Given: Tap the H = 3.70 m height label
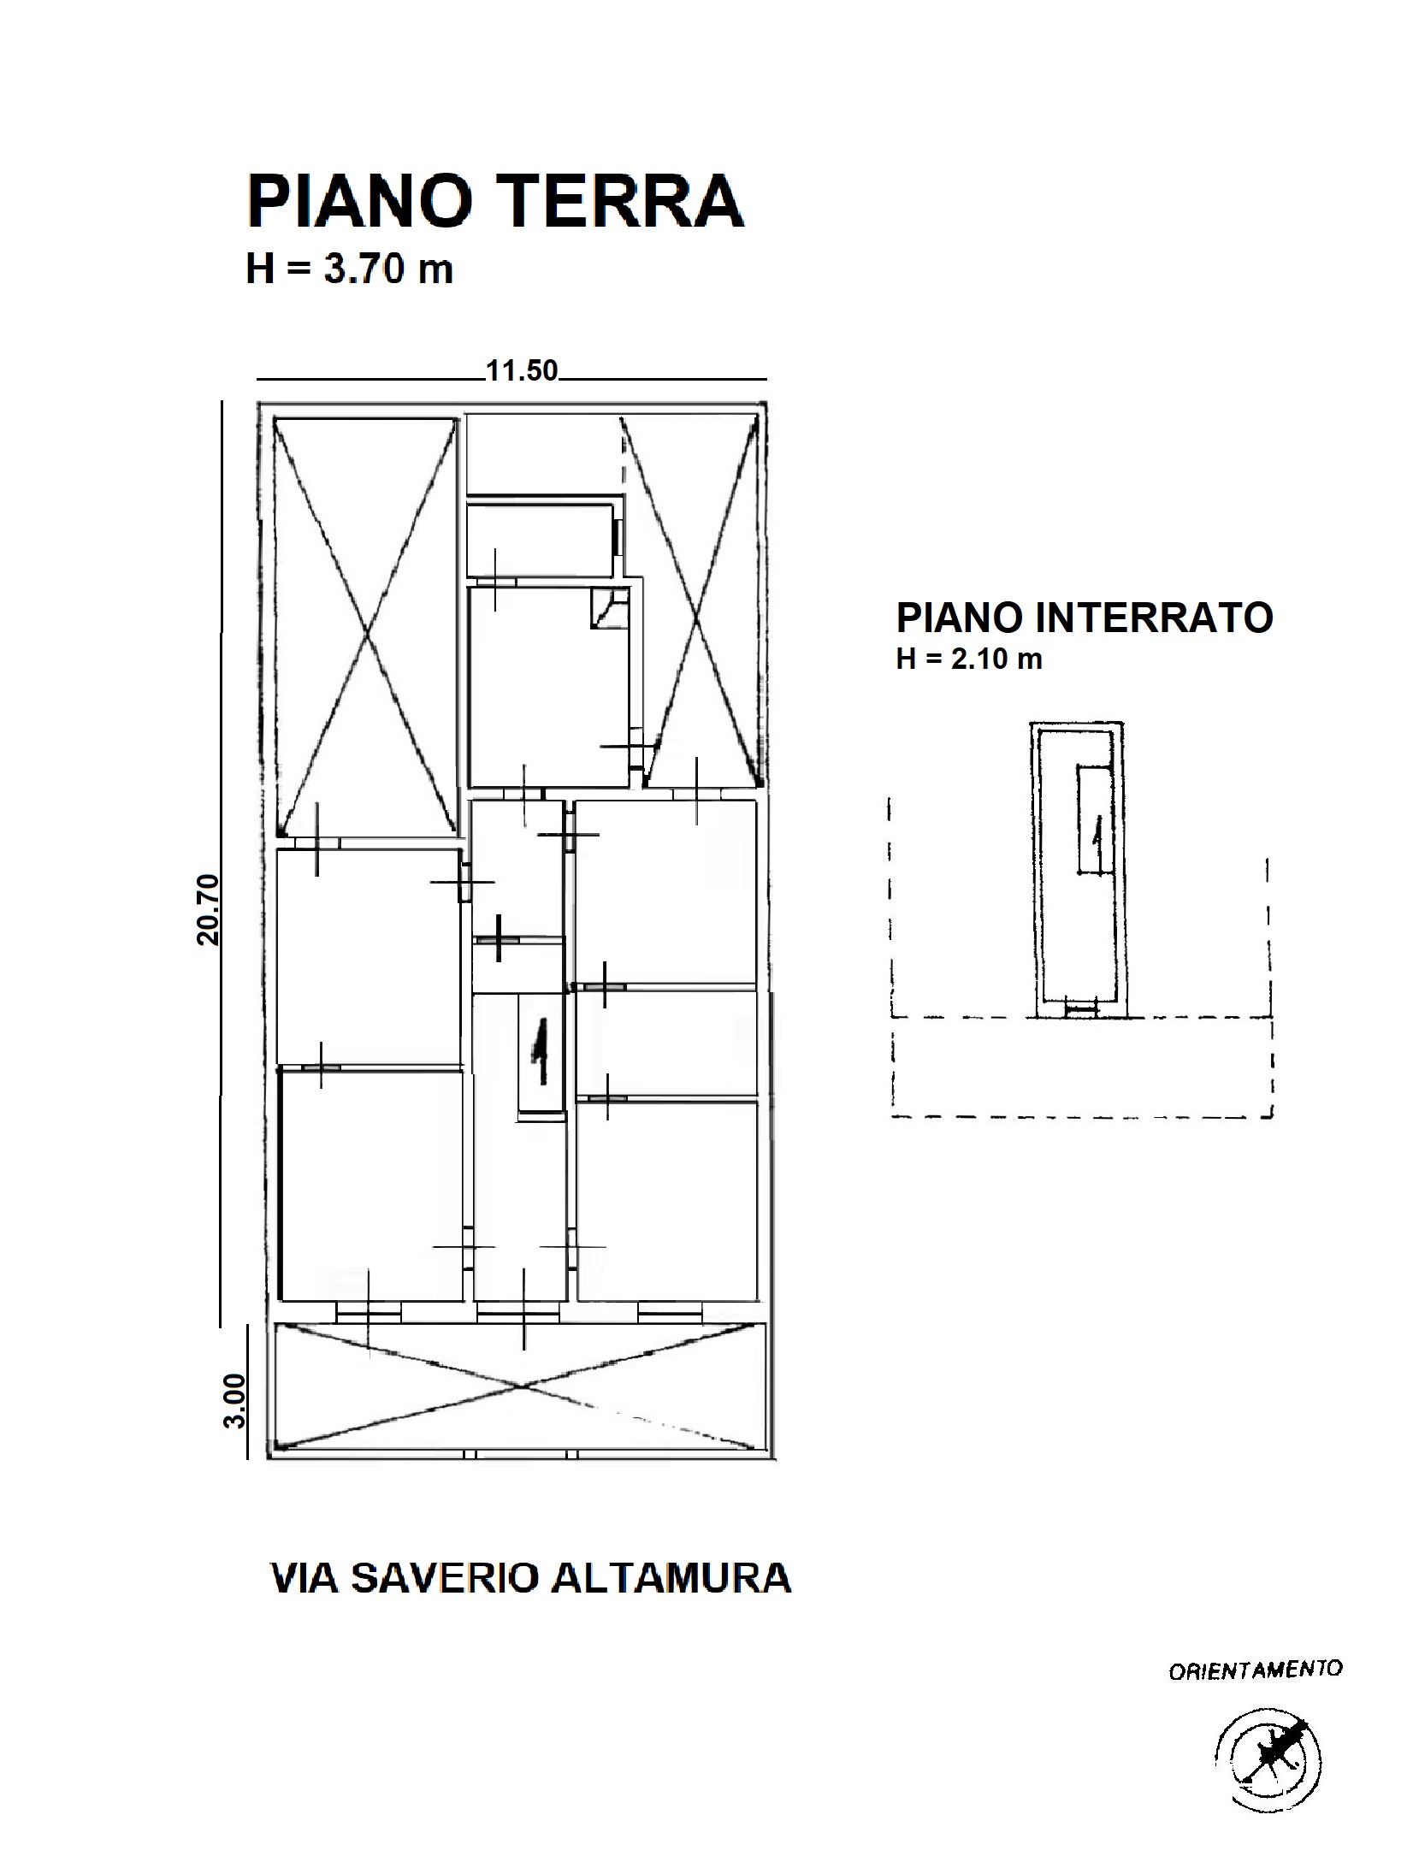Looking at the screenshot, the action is pos(349,269).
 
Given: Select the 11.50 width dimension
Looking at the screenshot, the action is pos(522,370).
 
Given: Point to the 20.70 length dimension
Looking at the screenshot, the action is pos(208,909).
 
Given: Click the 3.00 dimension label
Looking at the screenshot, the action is pos(234,1401).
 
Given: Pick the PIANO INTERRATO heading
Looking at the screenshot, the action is pos(1085,617).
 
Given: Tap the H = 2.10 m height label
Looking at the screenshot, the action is pos(969,659).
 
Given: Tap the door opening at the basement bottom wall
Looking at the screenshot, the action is pos(1080,1009).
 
